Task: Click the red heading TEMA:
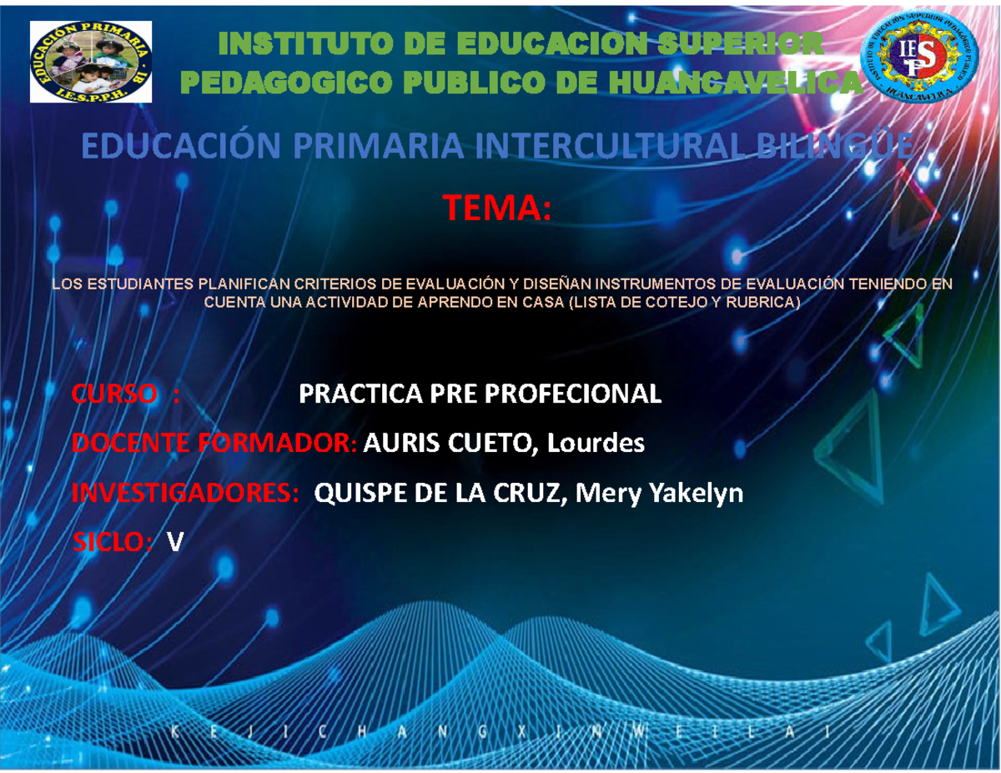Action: coord(497,208)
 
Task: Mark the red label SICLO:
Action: coord(112,543)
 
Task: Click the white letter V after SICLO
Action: coord(174,543)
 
